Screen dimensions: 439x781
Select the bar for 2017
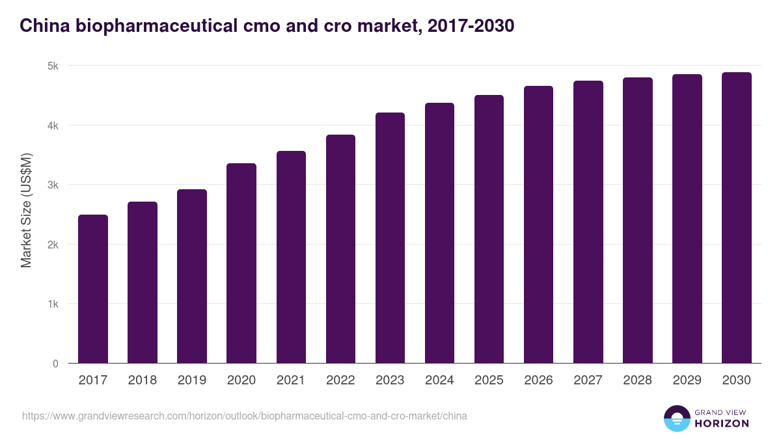tap(93, 289)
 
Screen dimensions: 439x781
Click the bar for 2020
tap(241, 263)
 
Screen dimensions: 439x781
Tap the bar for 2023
tap(390, 238)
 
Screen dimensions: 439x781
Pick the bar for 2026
tap(538, 224)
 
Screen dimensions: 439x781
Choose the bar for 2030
tap(736, 218)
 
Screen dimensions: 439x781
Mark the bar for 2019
tap(192, 276)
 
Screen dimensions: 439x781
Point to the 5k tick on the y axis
tap(53, 66)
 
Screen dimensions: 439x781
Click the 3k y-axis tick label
tap(53, 185)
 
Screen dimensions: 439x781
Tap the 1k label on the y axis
tap(53, 304)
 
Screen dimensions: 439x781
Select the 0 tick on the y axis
tap(55, 364)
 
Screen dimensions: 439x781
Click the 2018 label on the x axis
tap(143, 380)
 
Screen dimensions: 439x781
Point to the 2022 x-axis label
tap(340, 380)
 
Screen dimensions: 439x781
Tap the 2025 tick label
tap(489, 380)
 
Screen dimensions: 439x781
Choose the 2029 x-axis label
tap(687, 380)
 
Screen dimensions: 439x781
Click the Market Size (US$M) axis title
tap(26, 209)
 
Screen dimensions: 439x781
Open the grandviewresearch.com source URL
tap(244, 416)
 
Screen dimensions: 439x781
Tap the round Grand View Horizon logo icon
tap(677, 418)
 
